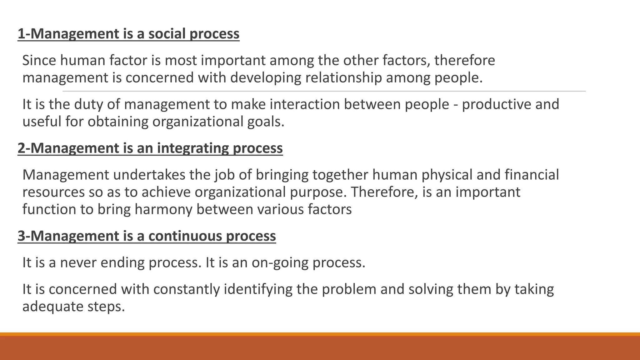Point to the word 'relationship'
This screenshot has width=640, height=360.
pos(343,78)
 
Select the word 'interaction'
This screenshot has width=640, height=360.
pos(305,104)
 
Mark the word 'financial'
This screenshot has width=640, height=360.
pos(532,175)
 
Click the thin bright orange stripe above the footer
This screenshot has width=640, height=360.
pos(320,334)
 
